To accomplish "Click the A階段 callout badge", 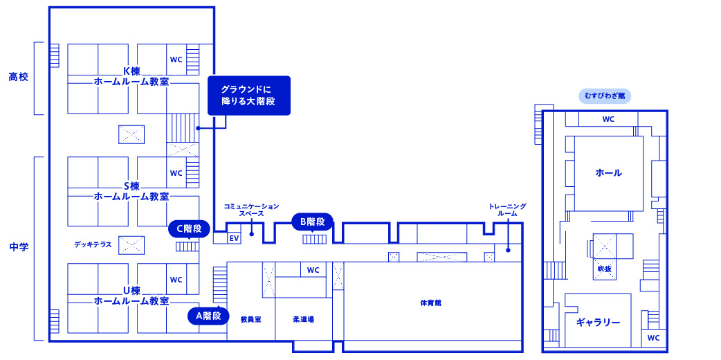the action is (x=208, y=316).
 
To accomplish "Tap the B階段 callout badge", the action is (x=313, y=222).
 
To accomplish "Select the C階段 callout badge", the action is (x=189, y=228).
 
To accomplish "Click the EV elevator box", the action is (x=234, y=238).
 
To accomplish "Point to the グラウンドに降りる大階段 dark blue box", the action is (x=249, y=96).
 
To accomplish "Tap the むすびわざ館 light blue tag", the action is (x=605, y=96).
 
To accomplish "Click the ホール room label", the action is (x=608, y=173).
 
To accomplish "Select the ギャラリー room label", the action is (x=599, y=322).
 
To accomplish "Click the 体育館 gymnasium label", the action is (x=431, y=303).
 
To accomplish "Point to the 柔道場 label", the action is (x=304, y=319).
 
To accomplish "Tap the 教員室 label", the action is (x=250, y=319).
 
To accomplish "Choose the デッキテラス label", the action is (x=93, y=244).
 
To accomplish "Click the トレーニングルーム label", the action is (x=508, y=210).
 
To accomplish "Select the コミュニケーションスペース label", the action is (x=251, y=210).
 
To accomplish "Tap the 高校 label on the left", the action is (x=19, y=77).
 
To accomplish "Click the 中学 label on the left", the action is (x=19, y=247).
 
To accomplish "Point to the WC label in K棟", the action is (x=176, y=60).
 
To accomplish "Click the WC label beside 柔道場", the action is (x=313, y=270).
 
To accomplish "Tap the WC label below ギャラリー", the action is (x=653, y=338).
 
